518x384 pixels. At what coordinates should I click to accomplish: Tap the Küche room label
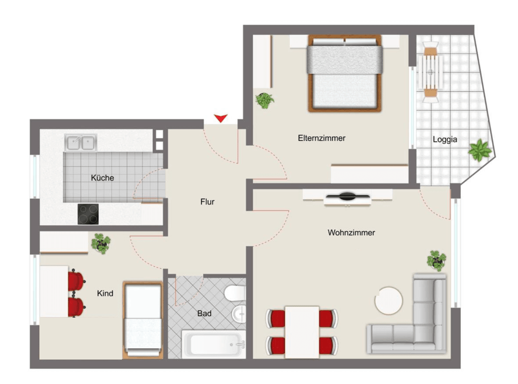tap(103, 178)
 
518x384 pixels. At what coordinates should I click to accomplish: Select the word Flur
tap(207, 202)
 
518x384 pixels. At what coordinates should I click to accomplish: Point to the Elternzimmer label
tap(321, 138)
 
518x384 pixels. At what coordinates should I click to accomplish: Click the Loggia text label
tap(445, 140)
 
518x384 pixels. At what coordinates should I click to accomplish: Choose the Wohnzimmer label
tap(351, 233)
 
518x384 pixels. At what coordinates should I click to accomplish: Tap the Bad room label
tap(204, 314)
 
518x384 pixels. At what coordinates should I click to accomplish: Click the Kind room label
tap(105, 294)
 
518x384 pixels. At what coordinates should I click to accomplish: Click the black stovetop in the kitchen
tap(88, 214)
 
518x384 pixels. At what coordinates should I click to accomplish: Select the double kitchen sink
tap(81, 143)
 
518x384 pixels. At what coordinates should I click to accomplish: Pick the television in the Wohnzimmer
tap(347, 197)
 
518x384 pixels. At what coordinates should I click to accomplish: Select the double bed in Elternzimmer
tap(344, 73)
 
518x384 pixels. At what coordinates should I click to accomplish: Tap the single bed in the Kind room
tap(143, 319)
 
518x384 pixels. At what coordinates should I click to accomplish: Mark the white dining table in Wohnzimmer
tap(302, 331)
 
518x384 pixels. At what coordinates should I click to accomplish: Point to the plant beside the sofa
tap(437, 261)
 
